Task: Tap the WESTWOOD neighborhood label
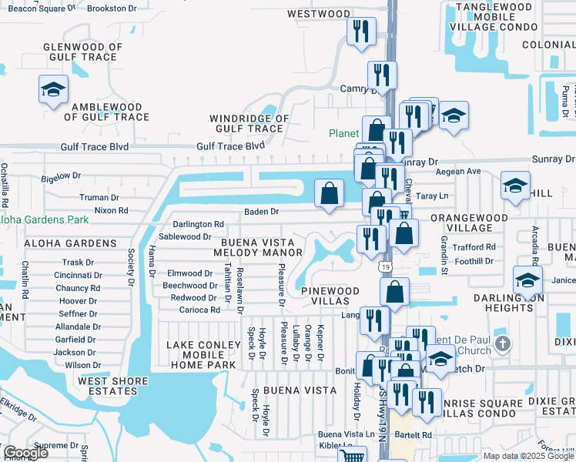pos(318,14)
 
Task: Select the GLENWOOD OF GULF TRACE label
pos(83,52)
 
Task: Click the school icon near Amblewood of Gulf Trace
pos(53,91)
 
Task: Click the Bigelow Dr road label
pos(61,176)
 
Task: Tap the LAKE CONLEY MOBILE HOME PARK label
pos(200,355)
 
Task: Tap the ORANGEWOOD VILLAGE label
pos(468,223)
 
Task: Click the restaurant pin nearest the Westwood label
pos(361,32)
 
